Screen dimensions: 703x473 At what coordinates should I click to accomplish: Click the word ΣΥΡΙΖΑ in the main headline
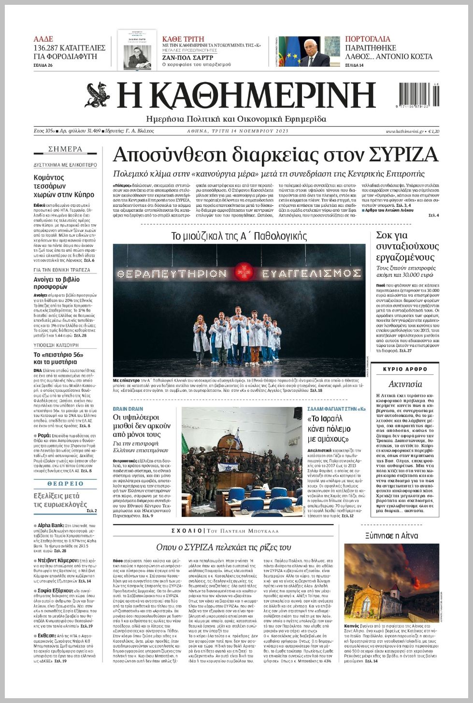coord(403,155)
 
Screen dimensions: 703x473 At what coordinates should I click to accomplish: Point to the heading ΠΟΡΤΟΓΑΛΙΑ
coord(368,39)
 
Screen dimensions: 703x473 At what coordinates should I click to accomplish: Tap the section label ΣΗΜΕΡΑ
coord(65,149)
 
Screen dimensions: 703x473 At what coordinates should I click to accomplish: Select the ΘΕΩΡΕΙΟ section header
coord(65,483)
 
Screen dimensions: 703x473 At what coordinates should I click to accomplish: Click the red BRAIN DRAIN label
coord(128,409)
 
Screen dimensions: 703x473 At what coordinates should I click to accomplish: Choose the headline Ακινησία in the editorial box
coord(405,384)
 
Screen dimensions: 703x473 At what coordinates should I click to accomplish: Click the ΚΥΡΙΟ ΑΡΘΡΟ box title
coord(405,369)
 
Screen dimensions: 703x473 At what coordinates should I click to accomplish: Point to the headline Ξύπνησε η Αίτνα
coord(392,535)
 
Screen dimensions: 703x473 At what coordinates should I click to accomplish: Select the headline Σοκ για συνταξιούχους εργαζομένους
coord(407,246)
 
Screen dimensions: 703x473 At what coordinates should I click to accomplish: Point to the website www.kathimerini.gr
coord(404,131)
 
